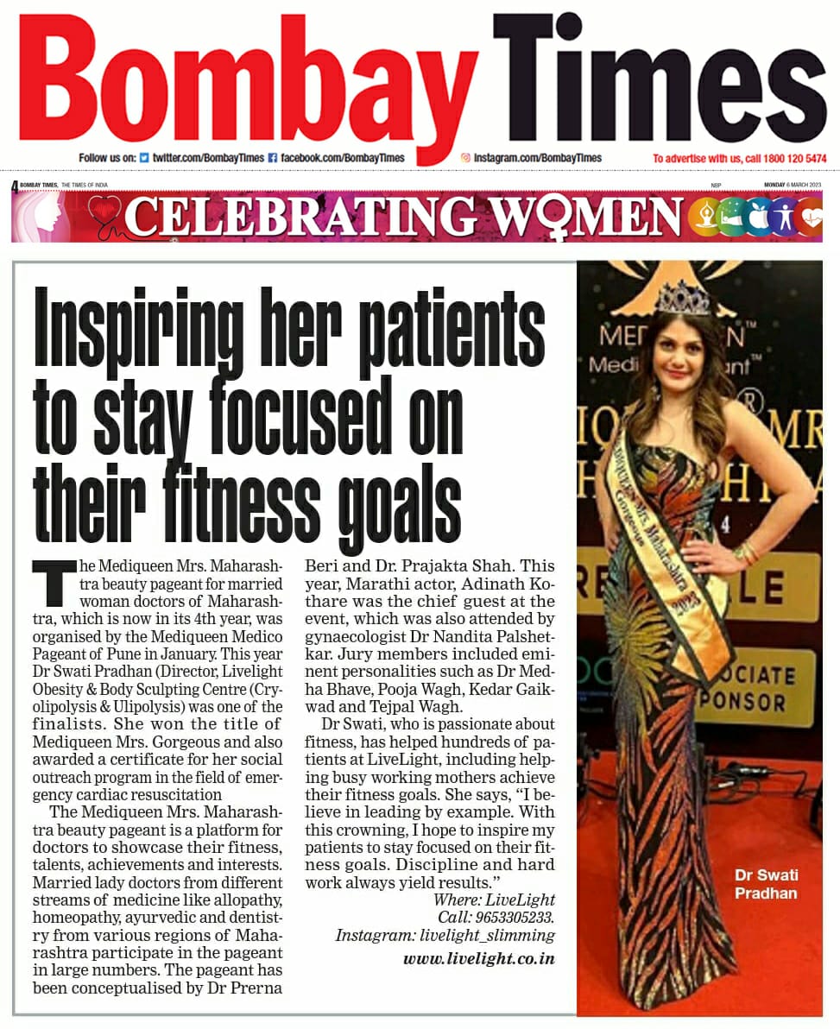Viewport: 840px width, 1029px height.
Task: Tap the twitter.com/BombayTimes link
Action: pyautogui.click(x=208, y=158)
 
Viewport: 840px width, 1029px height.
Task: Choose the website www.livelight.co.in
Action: pyautogui.click(x=478, y=959)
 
